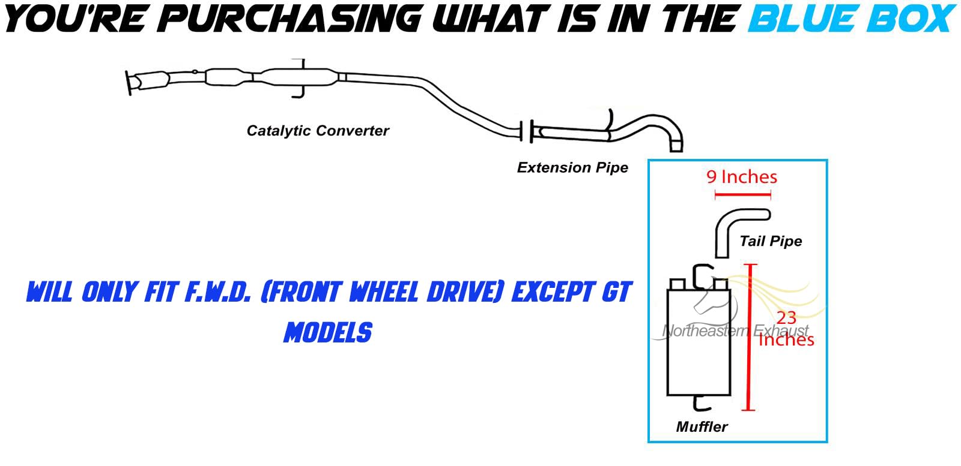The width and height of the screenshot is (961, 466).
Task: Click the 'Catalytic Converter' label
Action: [x=318, y=131]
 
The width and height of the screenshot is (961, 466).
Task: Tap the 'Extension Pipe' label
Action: [x=572, y=168]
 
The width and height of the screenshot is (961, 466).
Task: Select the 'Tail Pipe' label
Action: [x=771, y=241]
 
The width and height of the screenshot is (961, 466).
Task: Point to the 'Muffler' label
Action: [x=702, y=427]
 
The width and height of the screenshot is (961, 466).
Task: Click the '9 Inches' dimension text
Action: [x=742, y=177]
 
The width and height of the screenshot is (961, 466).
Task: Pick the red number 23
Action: [x=786, y=317]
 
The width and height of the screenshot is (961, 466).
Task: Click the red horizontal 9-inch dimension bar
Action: [x=742, y=195]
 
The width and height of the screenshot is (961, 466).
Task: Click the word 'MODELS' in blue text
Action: [x=328, y=332]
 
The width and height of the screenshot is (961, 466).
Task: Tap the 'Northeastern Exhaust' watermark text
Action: [x=735, y=330]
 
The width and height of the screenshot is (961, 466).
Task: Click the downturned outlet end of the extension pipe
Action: [x=676, y=145]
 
